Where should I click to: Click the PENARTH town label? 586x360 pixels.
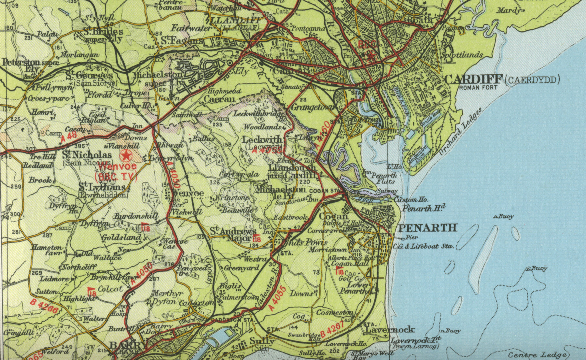pyautogui.click(x=428, y=228)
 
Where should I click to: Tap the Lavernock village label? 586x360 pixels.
pyautogui.click(x=390, y=330)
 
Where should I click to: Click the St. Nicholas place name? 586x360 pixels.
pyautogui.click(x=87, y=155)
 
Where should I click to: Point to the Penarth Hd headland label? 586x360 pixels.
pyautogui.click(x=424, y=208)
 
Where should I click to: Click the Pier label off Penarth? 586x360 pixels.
pyautogui.click(x=412, y=238)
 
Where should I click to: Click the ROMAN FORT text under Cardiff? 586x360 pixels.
pyautogui.click(x=478, y=87)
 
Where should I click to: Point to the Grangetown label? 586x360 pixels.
pyautogui.click(x=313, y=107)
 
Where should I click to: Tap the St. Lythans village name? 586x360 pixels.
pyautogui.click(x=102, y=187)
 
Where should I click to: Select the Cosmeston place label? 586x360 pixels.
pyautogui.click(x=334, y=312)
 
